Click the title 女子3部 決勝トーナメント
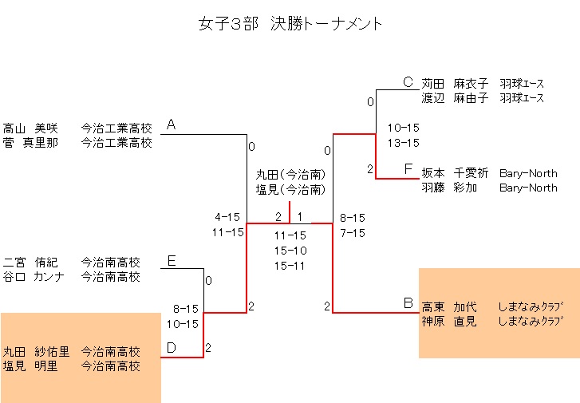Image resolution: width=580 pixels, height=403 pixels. (290, 24)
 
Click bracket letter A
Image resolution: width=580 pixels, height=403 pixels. (171, 124)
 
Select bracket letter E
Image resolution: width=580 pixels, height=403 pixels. (171, 260)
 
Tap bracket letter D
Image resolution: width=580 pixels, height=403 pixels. (171, 348)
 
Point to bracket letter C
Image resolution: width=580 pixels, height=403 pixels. (408, 81)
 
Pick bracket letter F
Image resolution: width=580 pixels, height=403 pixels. (408, 169)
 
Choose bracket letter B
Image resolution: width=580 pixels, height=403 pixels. (408, 303)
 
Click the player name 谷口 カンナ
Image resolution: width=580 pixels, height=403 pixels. (31, 278)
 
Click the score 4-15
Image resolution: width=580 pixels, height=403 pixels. (227, 216)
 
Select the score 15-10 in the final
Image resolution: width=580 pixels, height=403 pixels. (290, 251)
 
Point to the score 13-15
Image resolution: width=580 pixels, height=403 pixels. (403, 143)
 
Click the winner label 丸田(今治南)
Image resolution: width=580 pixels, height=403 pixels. (290, 174)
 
